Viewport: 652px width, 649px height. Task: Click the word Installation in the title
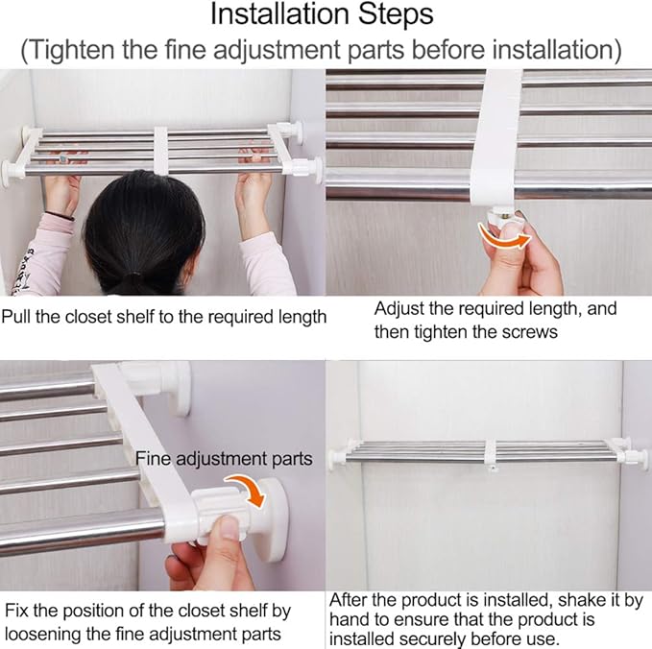pos(280,14)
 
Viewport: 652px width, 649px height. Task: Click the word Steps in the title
pos(396,14)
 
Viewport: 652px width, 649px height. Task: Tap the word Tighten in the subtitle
pos(71,50)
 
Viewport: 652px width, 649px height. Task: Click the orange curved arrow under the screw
pos(504,237)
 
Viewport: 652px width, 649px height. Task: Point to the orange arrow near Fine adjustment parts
pos(250,490)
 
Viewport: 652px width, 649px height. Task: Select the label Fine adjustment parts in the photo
pos(224,459)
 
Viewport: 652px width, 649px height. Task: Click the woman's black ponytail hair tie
pos(133,276)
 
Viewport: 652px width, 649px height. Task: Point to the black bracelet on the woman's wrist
pos(60,215)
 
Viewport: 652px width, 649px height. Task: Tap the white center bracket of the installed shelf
pos(491,454)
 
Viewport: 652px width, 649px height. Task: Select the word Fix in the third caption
pos(15,612)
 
